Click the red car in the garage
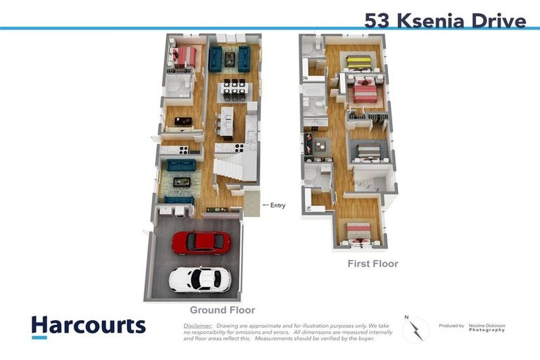[201, 243]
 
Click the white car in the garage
[200, 279]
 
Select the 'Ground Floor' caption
[222, 310]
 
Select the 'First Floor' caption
[373, 264]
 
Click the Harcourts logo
[89, 326]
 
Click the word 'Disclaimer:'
[198, 326]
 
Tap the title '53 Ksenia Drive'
[445, 20]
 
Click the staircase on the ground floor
[230, 169]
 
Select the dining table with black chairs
[233, 86]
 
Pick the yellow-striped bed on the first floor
[359, 62]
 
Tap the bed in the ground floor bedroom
[185, 56]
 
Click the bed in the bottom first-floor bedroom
[359, 231]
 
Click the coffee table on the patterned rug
[182, 181]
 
